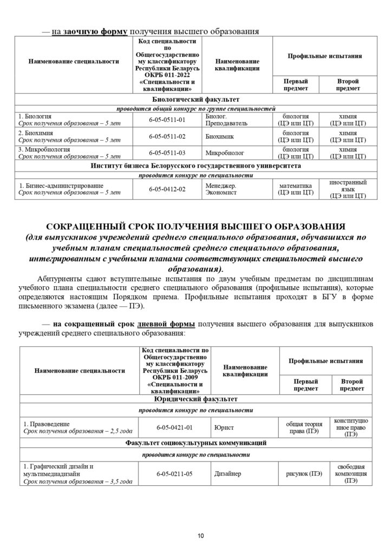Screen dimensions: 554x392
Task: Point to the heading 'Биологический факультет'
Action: pyautogui.click(x=195, y=100)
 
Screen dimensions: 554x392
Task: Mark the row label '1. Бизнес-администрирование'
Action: pyautogui.click(x=61, y=186)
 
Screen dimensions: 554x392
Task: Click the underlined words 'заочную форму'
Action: pyautogui.click(x=95, y=31)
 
